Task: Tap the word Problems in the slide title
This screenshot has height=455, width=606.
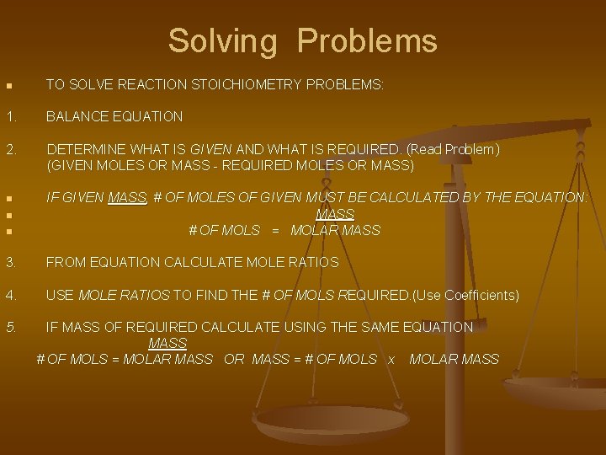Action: (x=367, y=40)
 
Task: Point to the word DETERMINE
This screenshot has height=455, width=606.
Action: (x=88, y=149)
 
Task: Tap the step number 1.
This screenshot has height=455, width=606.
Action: (x=9, y=116)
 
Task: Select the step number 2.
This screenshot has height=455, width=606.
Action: (x=9, y=149)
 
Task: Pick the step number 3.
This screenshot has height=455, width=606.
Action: (x=9, y=263)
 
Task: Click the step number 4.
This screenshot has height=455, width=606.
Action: (x=9, y=296)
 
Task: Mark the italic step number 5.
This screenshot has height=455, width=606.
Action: (x=9, y=327)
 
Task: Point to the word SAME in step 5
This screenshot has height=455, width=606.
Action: (x=370, y=327)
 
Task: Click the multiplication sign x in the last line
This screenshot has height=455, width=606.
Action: (x=391, y=360)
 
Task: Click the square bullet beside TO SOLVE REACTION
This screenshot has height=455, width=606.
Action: (x=8, y=86)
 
